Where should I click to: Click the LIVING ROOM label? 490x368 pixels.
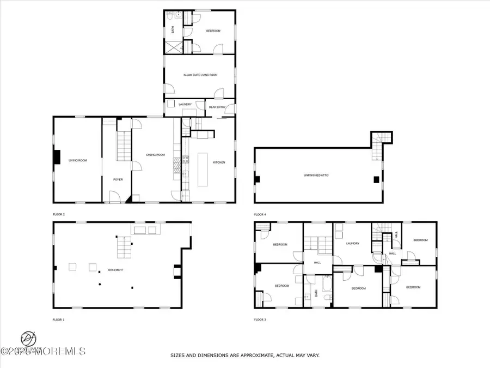point(78,160)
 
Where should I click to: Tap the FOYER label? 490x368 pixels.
point(118,179)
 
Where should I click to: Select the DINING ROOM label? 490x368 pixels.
point(155,155)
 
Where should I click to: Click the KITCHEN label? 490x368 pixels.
point(219,162)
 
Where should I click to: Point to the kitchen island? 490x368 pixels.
point(203,167)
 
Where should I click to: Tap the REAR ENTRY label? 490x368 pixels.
point(217,107)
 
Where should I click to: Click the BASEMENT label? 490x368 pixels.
point(115,270)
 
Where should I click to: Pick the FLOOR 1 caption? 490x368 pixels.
point(58,319)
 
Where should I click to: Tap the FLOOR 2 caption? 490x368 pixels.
point(58,214)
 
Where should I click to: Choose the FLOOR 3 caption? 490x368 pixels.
point(260,319)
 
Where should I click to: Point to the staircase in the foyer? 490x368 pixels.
point(125,147)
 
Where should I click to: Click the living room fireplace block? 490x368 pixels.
point(56,156)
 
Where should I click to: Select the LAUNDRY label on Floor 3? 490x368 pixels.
point(352,243)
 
